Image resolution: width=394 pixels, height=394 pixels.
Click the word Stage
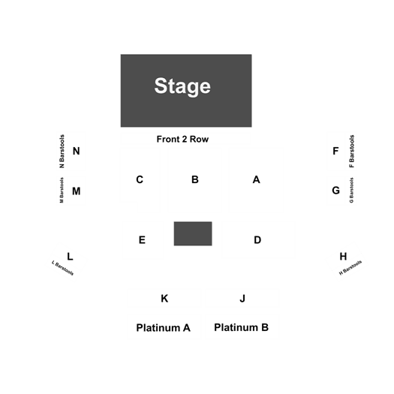182,86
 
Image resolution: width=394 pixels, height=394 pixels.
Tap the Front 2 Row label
182,139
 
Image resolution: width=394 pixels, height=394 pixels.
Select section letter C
140,179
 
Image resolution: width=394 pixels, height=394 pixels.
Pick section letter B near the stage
195,179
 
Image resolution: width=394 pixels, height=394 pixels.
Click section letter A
257,179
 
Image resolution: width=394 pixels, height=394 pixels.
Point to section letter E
142,239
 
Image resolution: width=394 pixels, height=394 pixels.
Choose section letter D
257,239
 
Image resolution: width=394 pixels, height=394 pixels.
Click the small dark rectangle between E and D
193,233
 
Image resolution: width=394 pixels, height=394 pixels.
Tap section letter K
164,299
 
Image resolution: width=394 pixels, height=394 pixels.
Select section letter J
242,299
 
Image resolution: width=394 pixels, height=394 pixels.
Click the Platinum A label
164,328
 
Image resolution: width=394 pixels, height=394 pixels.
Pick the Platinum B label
241,327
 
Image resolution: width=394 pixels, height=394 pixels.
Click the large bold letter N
77,151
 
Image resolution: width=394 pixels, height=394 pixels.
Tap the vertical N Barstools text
62,152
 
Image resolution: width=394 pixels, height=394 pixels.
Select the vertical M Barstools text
62,190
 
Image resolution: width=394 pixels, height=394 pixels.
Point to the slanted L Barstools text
62,268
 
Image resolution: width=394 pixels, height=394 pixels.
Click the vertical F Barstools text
352,152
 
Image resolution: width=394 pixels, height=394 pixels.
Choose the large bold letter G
336,191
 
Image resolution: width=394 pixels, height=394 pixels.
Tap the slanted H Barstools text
350,268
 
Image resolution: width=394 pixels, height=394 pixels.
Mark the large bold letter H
343,257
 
